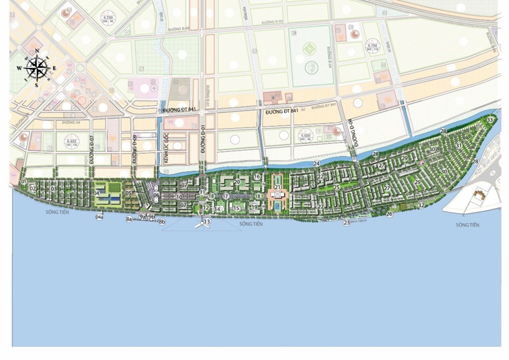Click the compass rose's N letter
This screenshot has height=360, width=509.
click(37, 51)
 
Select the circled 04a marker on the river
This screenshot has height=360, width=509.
click(99, 217)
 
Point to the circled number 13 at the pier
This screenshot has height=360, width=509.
click(207, 222)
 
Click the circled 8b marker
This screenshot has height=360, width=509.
click(162, 222)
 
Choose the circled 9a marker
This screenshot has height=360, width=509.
click(142, 217)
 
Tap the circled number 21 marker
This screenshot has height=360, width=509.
click(277, 187)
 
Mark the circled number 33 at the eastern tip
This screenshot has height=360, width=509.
click(490, 119)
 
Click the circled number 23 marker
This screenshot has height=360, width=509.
click(347, 222)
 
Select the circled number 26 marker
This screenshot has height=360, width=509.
click(389, 214)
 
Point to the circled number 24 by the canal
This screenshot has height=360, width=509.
click(317, 163)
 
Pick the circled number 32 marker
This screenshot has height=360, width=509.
click(422, 204)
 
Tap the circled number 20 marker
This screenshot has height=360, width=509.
click(237, 182)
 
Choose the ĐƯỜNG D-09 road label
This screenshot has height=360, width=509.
click(134, 148)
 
